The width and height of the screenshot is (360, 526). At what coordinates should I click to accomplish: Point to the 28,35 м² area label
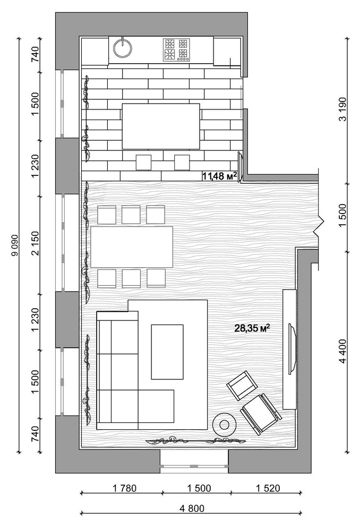[x=252, y=328]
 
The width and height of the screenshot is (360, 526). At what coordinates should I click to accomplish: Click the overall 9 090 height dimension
[x=15, y=245]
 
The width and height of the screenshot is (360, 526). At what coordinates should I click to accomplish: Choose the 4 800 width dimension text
[x=192, y=509]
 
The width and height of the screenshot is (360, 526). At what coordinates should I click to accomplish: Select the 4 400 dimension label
[x=342, y=351]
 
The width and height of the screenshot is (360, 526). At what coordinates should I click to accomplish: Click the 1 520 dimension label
[x=268, y=488]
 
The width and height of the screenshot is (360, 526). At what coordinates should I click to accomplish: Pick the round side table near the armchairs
[x=225, y=425]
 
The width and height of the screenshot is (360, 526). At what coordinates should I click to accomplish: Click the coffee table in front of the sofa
[x=167, y=352]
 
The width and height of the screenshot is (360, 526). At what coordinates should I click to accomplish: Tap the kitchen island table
[x=161, y=126]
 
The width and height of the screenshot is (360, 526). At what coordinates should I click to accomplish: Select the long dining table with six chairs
[x=132, y=248]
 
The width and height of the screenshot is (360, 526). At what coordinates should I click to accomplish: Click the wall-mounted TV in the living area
[x=292, y=348]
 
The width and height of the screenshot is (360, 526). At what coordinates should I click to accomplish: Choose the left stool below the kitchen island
[x=144, y=163]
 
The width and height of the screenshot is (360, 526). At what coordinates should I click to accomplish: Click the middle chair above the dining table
[x=131, y=215]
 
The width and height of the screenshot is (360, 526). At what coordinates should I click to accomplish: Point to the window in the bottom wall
[x=194, y=465]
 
